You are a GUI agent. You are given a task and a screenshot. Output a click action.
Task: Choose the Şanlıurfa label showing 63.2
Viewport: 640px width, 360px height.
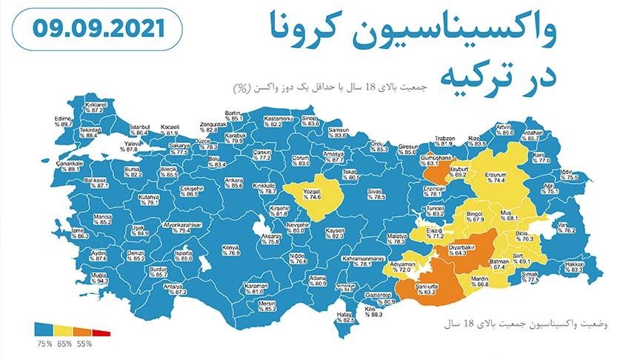click(x=429, y=288)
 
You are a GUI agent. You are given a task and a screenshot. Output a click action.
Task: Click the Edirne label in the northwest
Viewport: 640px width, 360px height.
click(x=63, y=121)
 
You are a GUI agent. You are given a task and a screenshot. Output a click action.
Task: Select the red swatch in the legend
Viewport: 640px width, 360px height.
click(x=102, y=333)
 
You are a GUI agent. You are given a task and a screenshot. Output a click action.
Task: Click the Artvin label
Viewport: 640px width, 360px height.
click(x=504, y=129)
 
